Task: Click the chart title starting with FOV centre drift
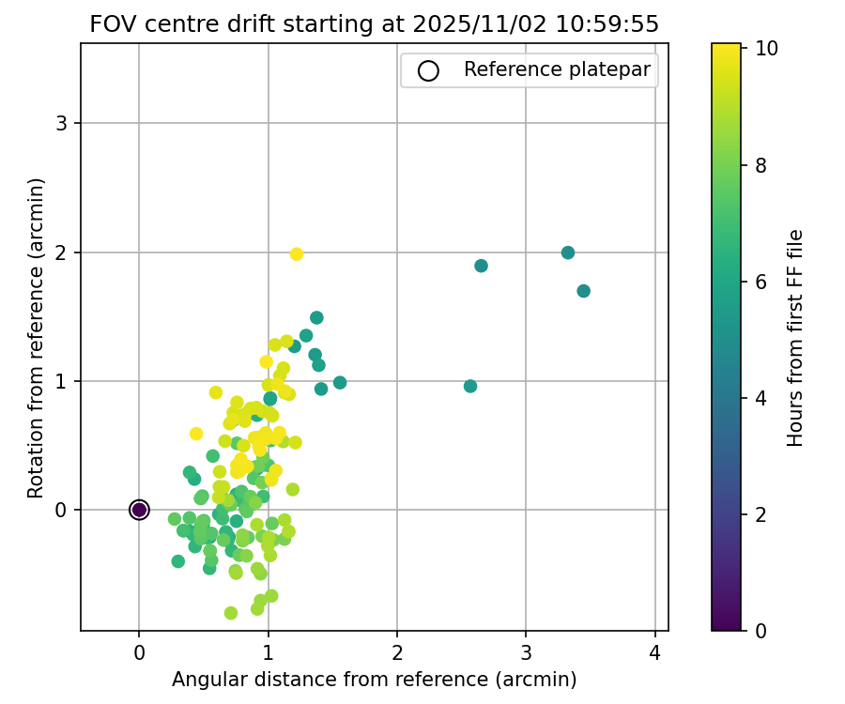pyautogui.click(x=374, y=23)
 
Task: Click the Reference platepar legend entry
pyautogui.click(x=529, y=70)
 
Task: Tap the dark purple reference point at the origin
pyautogui.click(x=139, y=510)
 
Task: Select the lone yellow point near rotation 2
pyautogui.click(x=297, y=254)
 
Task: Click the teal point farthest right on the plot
pyautogui.click(x=583, y=291)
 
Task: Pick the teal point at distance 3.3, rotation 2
pyautogui.click(x=568, y=253)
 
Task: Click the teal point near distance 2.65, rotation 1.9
pyautogui.click(x=481, y=266)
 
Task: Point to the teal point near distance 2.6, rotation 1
pyautogui.click(x=470, y=386)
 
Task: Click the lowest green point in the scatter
pyautogui.click(x=231, y=613)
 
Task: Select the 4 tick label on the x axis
pyautogui.click(x=655, y=651)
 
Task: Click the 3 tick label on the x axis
pyautogui.click(x=527, y=651)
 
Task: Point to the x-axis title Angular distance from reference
pyautogui.click(x=374, y=679)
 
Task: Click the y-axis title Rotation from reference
pyautogui.click(x=36, y=336)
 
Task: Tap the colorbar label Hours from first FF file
pyautogui.click(x=795, y=336)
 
